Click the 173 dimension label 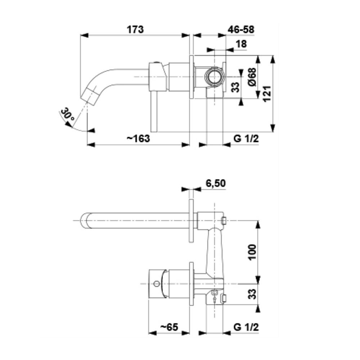(135, 30)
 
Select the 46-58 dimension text (241, 30)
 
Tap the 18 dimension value (241, 44)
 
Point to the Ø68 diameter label (252, 77)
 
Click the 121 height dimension (267, 94)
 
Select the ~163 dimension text (138, 139)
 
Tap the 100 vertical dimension (252, 252)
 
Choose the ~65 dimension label (169, 327)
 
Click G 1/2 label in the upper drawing (246, 139)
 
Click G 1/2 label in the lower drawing (246, 327)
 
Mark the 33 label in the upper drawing (235, 87)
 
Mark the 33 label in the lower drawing (252, 294)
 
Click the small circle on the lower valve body (157, 284)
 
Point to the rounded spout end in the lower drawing (85, 221)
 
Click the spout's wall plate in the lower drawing (191, 221)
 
